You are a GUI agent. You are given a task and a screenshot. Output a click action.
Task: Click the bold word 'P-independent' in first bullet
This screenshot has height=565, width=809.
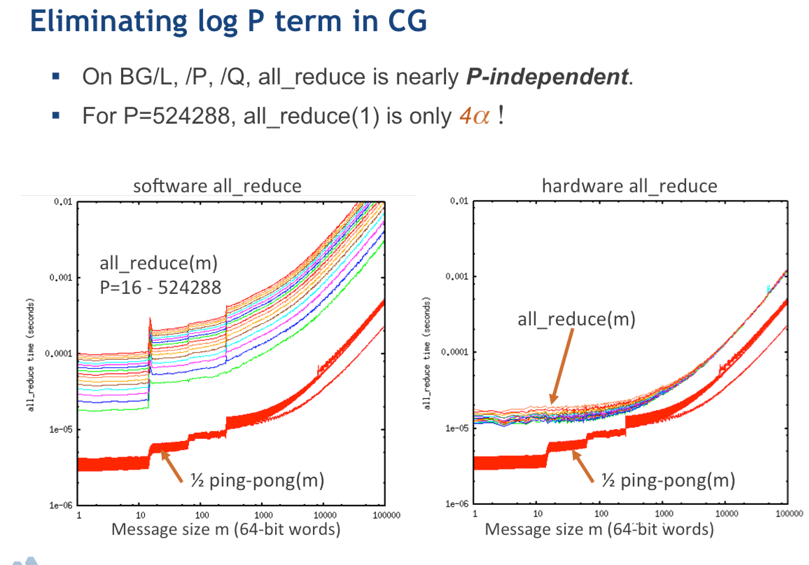[x=547, y=76]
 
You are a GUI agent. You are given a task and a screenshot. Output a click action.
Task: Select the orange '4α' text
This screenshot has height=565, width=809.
[x=474, y=116]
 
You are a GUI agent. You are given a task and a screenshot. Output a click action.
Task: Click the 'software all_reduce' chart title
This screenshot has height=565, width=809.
[x=217, y=186]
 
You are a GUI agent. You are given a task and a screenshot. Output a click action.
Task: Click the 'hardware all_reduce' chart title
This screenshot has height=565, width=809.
[x=629, y=186]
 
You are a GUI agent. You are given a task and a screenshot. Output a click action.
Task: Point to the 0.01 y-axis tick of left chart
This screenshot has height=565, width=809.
[x=63, y=202]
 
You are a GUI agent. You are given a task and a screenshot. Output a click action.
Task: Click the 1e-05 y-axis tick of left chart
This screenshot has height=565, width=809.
[x=61, y=429]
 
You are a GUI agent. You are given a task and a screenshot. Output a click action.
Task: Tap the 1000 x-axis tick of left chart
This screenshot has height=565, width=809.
[x=263, y=515]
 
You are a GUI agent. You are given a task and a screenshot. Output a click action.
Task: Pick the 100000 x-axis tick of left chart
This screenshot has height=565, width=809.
[x=386, y=515]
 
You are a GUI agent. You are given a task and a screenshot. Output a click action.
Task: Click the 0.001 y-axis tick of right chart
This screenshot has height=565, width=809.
[x=456, y=276]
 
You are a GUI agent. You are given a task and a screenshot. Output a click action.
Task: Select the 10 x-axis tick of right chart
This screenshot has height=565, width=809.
[x=538, y=514]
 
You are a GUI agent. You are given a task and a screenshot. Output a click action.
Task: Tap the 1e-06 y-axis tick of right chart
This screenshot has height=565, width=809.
[x=456, y=504]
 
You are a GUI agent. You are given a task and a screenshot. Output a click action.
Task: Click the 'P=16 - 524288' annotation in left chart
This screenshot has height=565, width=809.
[x=160, y=287]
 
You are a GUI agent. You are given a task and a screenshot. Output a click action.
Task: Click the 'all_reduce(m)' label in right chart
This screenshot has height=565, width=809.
[x=577, y=319]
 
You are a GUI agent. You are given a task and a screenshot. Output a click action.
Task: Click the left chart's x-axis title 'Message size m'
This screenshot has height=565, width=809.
[x=225, y=529]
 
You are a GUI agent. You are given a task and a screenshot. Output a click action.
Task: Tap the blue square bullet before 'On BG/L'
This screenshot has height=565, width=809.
[x=56, y=76]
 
